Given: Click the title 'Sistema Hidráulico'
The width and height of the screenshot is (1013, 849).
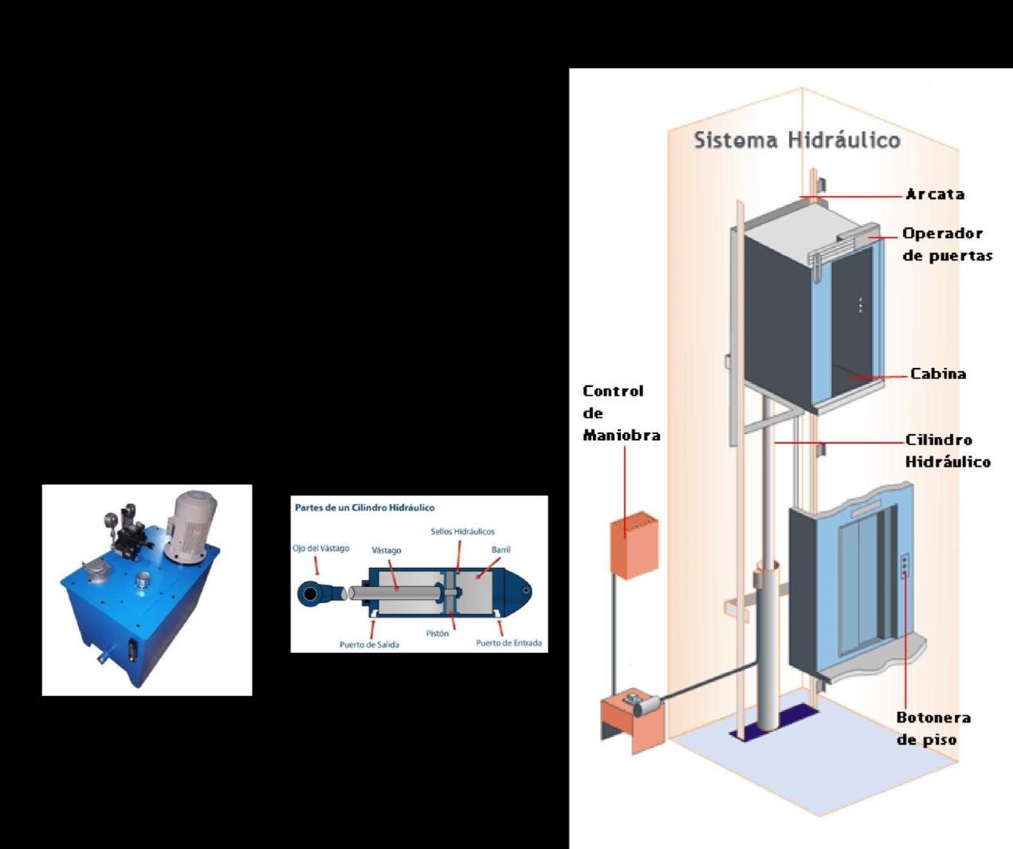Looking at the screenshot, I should coord(796,140).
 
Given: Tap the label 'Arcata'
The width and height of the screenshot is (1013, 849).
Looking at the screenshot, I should coord(935,194).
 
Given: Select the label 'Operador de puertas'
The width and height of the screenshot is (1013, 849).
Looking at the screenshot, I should coord(947,245).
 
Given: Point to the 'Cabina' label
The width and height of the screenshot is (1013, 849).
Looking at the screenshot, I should coord(938,374).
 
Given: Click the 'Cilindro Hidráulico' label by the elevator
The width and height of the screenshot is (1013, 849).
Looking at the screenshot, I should coord(948,451).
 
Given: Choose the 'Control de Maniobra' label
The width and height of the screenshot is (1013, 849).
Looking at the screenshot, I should coord(621,413).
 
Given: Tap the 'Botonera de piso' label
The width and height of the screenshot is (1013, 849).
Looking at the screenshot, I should coord(933,728).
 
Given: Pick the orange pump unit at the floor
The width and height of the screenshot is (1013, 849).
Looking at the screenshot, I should coord(632,720).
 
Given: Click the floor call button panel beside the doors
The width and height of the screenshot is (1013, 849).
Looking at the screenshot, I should coord(904,565).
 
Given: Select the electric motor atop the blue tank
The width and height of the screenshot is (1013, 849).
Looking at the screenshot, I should coord(190,526).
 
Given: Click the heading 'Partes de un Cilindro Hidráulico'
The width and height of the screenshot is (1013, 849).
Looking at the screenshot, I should coord(364,507).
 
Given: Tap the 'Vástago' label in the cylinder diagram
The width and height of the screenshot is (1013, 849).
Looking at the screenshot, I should coord(387,550).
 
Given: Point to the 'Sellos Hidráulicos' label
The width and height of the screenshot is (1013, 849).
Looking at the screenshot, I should coord(462,531).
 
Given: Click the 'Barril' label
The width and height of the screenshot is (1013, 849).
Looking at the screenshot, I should coord(501,550).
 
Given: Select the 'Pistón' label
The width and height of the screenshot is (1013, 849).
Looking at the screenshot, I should coord(437,634).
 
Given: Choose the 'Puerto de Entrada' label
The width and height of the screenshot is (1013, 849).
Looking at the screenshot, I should coord(508,643).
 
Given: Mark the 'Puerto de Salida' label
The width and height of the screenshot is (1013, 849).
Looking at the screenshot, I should coord(369,644).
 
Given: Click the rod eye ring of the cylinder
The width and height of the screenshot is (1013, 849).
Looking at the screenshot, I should coord(309,593).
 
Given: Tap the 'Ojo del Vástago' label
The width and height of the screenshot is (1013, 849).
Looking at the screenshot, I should coord(320,548).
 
